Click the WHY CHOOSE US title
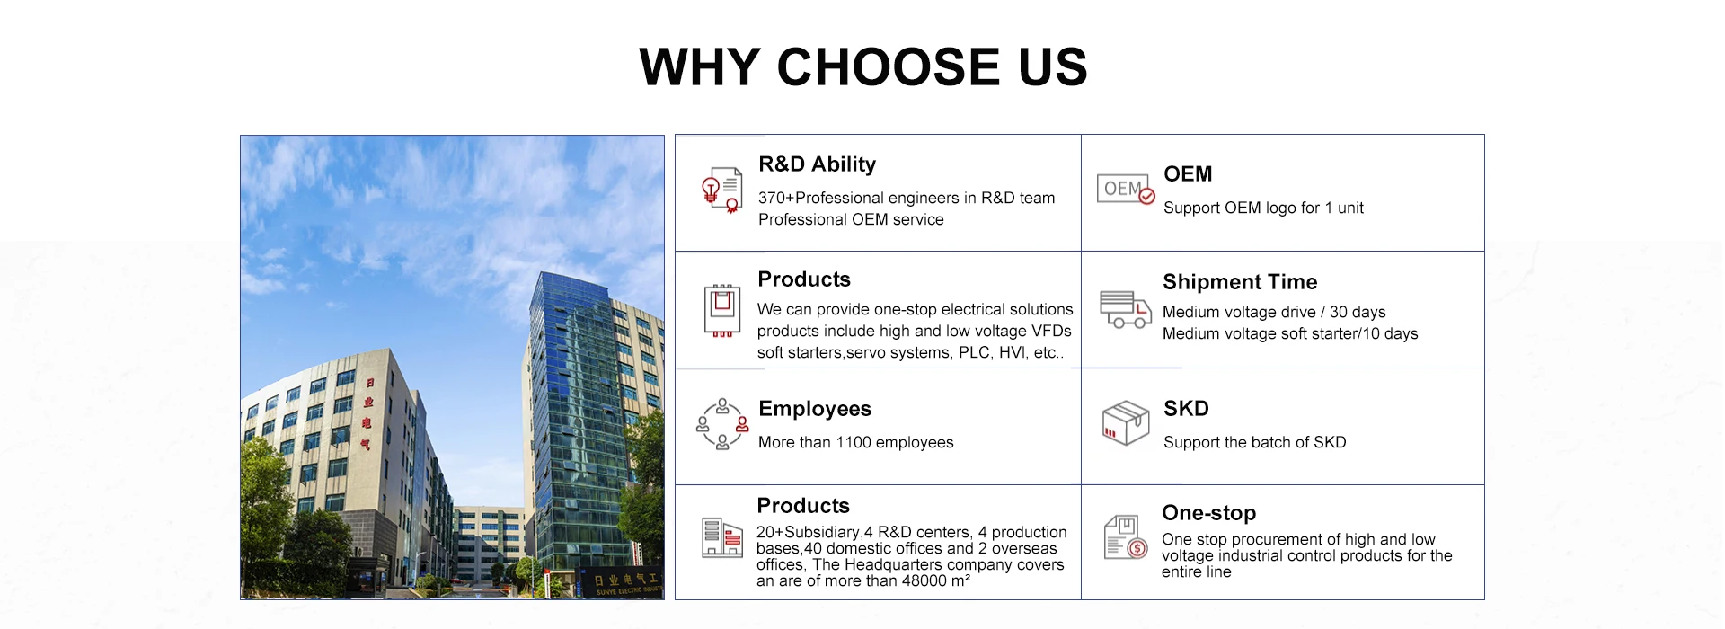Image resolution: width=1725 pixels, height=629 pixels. coord(863,67)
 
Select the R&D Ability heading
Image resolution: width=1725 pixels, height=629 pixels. coord(817,164)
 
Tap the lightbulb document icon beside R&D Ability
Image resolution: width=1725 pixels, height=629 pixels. coord(722,190)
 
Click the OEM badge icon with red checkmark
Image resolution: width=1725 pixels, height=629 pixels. coord(1126,189)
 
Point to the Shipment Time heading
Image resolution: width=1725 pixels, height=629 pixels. coord(1240,282)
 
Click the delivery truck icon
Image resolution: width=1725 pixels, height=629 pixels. coord(1126,309)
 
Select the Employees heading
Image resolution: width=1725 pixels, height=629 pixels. coord(815,409)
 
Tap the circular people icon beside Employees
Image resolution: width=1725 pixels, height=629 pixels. coord(722,424)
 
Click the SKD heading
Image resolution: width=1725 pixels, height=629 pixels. coord(1186,409)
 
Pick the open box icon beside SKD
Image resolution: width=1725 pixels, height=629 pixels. coord(1126,422)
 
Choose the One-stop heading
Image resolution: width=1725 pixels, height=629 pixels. coord(1208,513)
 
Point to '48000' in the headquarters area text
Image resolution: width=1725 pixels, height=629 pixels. coord(924,580)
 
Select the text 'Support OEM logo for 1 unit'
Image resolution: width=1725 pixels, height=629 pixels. coord(1263,208)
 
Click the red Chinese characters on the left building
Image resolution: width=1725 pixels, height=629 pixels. coord(367,413)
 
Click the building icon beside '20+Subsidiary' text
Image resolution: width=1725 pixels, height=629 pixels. coord(722,537)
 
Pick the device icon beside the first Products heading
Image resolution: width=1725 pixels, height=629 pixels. coord(722,310)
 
